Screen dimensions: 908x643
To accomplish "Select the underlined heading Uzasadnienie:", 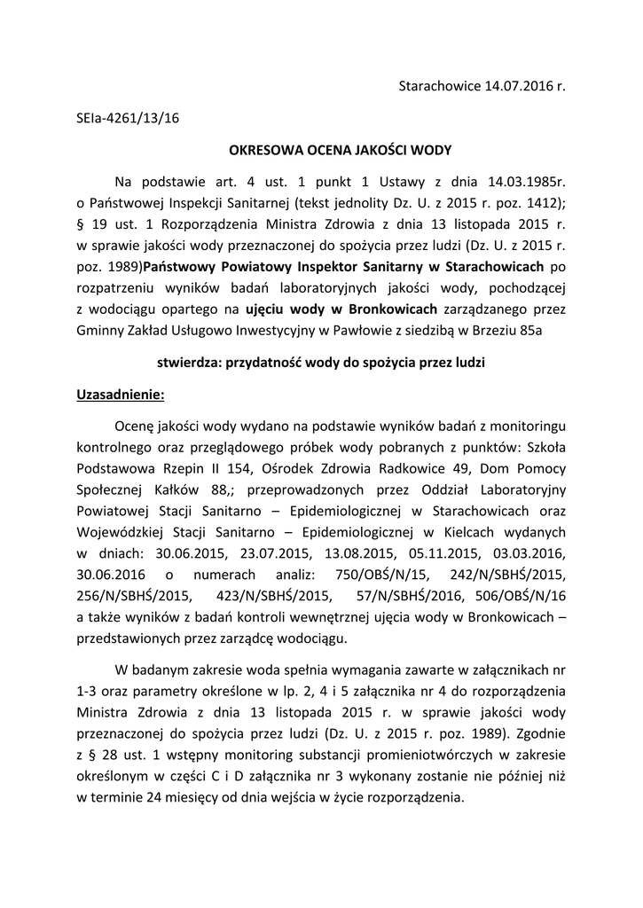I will [x=122, y=395].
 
